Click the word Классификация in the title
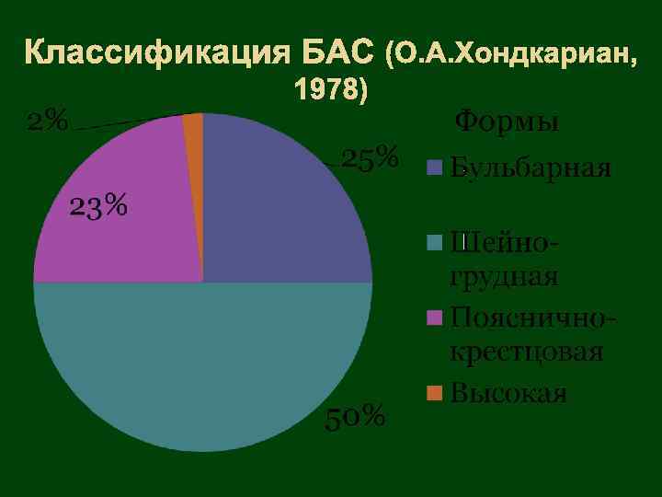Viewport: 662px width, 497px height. [x=157, y=53]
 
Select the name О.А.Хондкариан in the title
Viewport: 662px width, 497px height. [x=516, y=54]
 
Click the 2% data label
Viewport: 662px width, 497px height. [x=47, y=121]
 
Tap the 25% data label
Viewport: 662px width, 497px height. [x=370, y=158]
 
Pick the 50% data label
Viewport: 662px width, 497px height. [x=356, y=417]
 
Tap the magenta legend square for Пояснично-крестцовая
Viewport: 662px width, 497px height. [x=436, y=318]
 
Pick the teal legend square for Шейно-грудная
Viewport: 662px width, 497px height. [x=436, y=243]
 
